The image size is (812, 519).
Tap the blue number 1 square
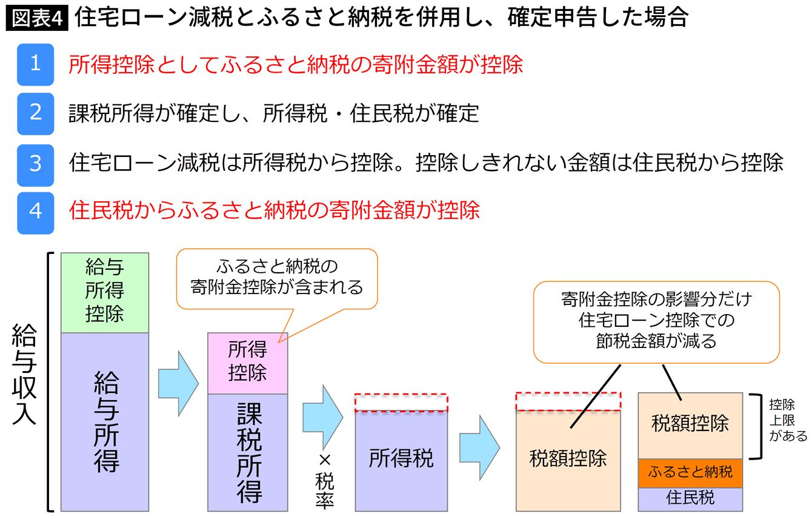click(x=35, y=64)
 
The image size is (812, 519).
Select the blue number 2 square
click(x=35, y=113)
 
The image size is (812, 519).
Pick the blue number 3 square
click(x=35, y=164)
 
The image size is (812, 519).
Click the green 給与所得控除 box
click(x=105, y=292)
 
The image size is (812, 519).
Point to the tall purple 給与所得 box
click(x=105, y=421)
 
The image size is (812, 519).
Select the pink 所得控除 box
click(x=247, y=363)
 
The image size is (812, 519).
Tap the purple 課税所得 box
click(x=247, y=452)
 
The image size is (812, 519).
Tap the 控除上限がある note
click(x=788, y=420)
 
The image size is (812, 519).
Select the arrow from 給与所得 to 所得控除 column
click(x=178, y=383)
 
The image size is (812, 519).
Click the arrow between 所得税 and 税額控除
click(x=479, y=449)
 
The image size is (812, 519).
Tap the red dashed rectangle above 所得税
click(x=401, y=402)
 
